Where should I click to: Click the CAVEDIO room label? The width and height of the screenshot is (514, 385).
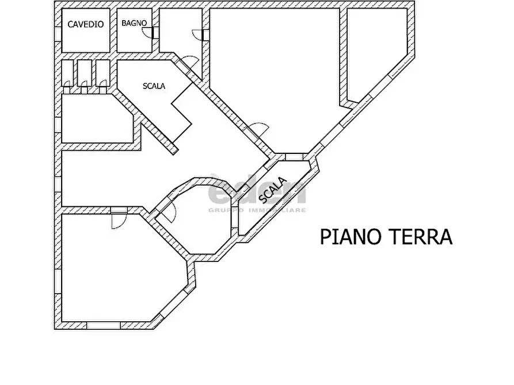tap(85, 24)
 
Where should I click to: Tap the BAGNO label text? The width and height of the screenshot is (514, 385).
tap(134, 24)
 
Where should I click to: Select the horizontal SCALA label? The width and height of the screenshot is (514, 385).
tap(154, 86)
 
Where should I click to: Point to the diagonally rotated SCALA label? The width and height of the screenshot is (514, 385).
tap(273, 190)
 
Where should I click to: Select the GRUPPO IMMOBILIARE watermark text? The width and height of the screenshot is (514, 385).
tap(257, 210)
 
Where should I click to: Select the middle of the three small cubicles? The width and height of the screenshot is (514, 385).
tap(85, 74)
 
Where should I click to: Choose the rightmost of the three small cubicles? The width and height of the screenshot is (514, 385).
tap(103, 74)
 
